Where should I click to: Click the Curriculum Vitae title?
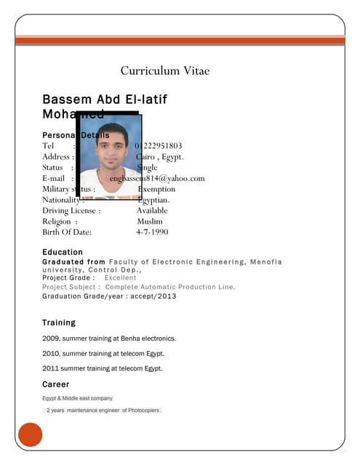click(165, 70)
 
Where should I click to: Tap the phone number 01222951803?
click(159, 146)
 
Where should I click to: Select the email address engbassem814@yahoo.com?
click(159, 178)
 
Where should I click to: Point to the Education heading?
click(63, 252)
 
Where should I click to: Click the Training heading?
click(59, 322)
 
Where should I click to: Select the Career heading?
click(56, 384)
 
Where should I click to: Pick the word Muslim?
click(150, 222)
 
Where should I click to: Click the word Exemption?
click(156, 189)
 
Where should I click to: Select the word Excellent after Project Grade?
click(120, 278)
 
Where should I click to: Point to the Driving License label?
click(71, 211)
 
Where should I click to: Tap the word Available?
click(152, 211)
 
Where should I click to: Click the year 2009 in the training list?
click(51, 339)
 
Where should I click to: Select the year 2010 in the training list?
click(51, 354)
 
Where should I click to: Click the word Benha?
click(132, 339)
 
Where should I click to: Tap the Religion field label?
click(57, 222)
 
